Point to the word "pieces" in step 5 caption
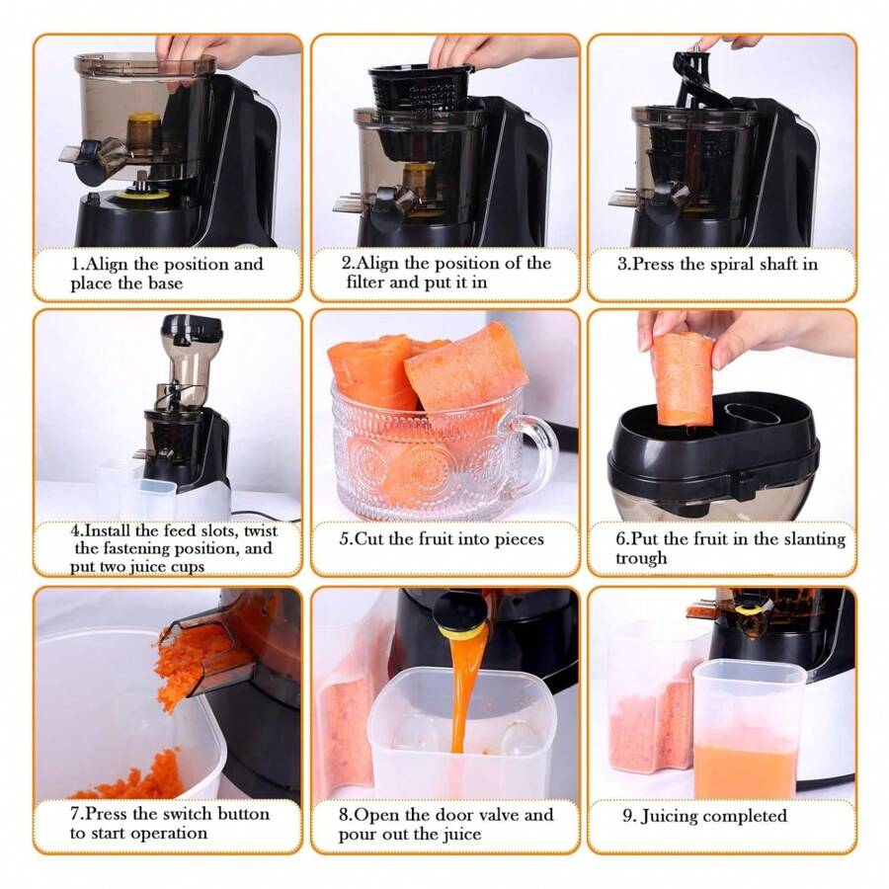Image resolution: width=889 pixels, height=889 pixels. (522, 539)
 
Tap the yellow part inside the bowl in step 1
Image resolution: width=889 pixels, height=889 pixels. (144, 132)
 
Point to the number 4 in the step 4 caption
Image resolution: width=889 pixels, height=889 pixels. (74, 531)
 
